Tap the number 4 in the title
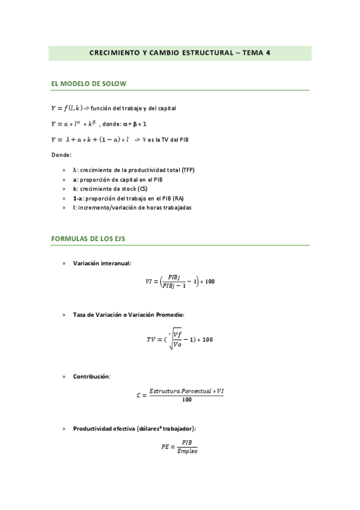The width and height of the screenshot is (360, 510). (x=267, y=53)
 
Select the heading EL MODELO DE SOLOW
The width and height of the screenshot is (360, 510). (x=89, y=84)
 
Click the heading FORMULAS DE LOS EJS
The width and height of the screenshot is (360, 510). (x=88, y=239)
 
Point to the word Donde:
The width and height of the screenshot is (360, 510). (x=61, y=155)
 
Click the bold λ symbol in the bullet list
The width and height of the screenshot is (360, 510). (x=75, y=170)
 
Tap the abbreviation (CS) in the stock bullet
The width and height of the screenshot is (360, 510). (x=142, y=189)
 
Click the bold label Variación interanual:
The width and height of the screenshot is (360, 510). (x=102, y=263)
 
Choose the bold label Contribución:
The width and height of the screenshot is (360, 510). (x=91, y=376)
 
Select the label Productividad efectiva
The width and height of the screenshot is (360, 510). (x=109, y=428)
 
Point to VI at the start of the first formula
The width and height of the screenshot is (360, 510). (x=149, y=281)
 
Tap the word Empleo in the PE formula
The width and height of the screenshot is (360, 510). (x=188, y=451)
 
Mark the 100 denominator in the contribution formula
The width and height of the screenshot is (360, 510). (x=187, y=400)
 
